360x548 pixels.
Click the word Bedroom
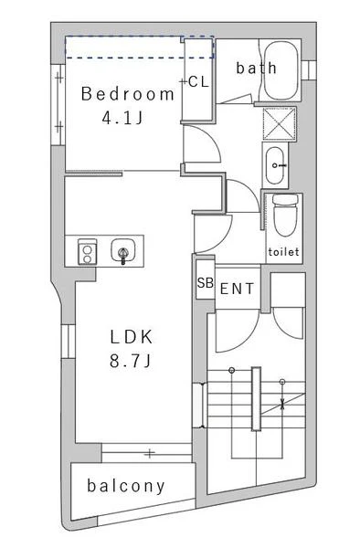pos(128,94)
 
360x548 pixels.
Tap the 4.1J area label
pos(122,118)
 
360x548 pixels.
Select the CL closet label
pos(198,82)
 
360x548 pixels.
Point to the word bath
pos(257,68)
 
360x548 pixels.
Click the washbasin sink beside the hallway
pos(275,165)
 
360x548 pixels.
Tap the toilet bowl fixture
pos(286,216)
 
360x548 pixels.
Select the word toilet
pos(284,252)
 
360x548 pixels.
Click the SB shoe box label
pos(206,282)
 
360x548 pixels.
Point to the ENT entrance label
pos(237,289)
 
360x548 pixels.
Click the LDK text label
pos(132,337)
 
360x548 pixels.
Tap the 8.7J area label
pos(131,361)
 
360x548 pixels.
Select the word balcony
pos(126,486)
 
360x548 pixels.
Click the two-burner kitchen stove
pos(87,252)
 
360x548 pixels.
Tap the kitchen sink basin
pos(122,250)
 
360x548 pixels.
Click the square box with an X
pos(279,123)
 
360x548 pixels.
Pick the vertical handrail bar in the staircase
pos(256,399)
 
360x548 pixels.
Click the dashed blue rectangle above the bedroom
pos(140,47)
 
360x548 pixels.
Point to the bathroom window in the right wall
pos(309,70)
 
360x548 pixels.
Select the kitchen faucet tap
pos(122,256)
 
